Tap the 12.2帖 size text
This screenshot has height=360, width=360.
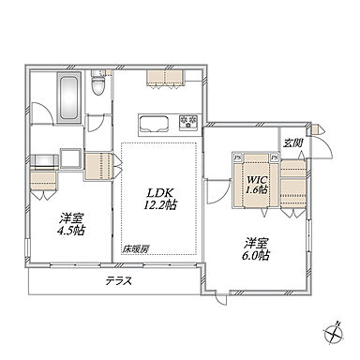point(160,205)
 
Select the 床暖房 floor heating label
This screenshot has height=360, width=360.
point(135,249)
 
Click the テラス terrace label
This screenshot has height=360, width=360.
point(118,281)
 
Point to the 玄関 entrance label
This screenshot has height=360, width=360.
point(292,143)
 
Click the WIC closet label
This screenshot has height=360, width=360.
point(257,180)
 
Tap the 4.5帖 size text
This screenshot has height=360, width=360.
point(71,231)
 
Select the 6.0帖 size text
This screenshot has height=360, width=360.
point(255,256)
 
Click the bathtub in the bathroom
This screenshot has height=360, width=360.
point(68,97)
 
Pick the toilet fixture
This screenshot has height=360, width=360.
point(98,82)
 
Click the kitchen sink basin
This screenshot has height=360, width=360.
point(154,123)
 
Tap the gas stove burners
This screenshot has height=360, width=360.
point(188,122)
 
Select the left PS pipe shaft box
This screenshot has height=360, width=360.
point(238,157)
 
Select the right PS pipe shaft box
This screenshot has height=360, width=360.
point(275,157)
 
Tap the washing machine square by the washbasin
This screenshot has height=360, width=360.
point(70,158)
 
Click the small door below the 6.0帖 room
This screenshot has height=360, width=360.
point(222,299)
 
